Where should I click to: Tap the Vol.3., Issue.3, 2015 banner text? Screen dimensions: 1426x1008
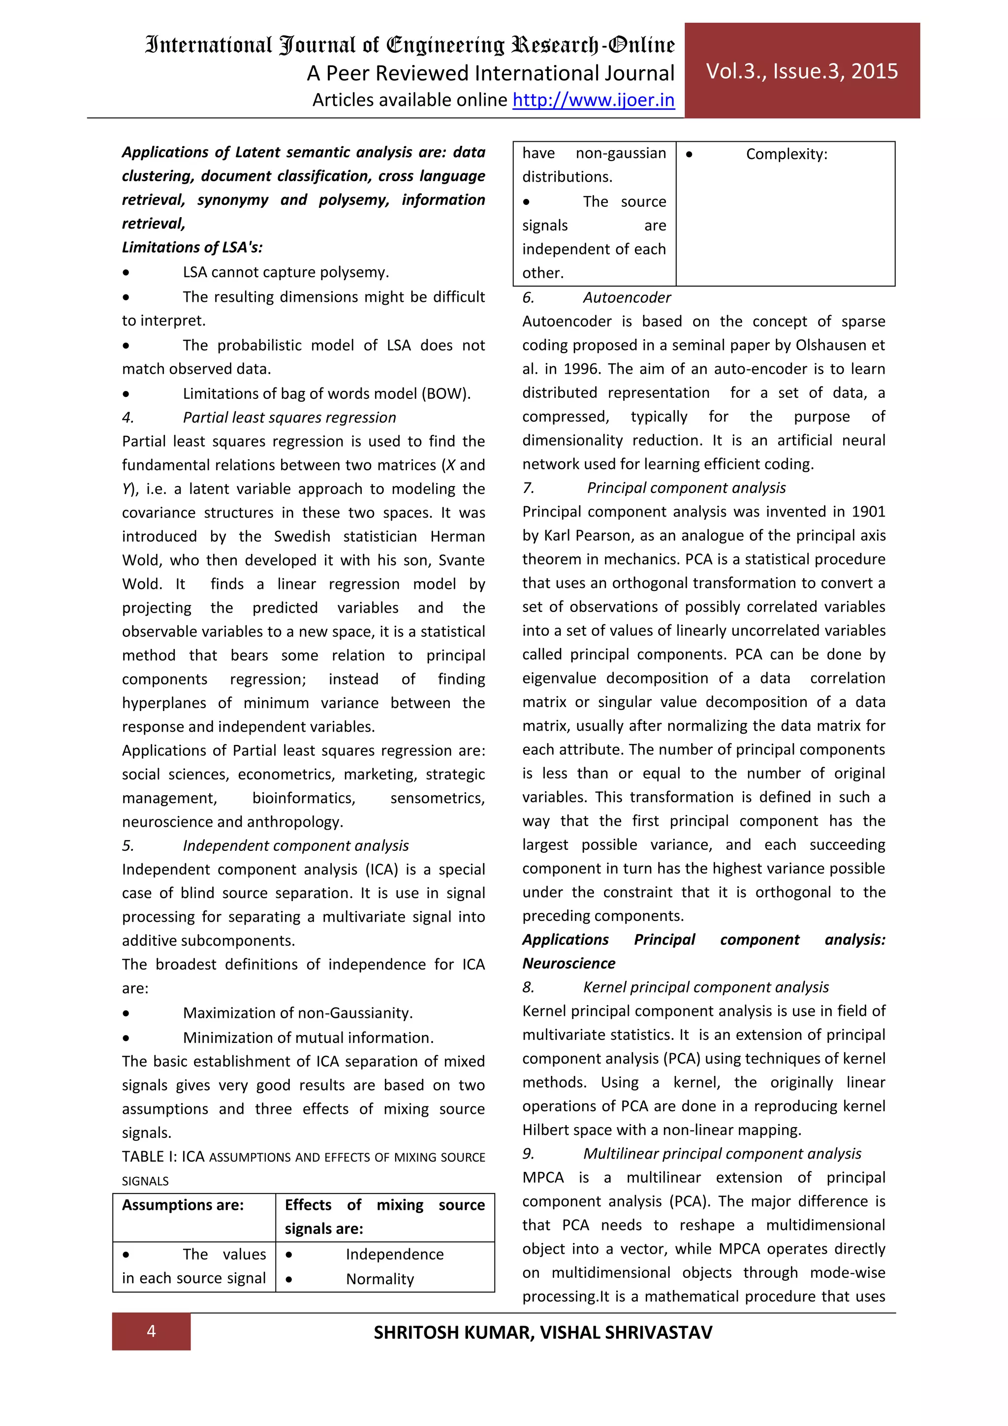(x=801, y=71)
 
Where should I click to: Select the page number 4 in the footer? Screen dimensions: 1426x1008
(x=151, y=1330)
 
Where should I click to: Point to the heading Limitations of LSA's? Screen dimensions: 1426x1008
(x=192, y=247)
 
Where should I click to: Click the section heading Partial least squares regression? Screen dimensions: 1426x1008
(x=289, y=418)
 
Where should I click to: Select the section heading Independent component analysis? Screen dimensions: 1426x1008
(x=295, y=845)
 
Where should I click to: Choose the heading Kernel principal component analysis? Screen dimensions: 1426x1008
(x=705, y=987)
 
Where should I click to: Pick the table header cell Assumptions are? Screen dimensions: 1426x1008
(x=183, y=1205)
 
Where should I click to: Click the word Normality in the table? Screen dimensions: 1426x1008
(x=379, y=1279)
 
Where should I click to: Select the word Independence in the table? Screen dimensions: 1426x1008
(x=394, y=1254)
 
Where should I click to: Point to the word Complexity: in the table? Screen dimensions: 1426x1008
(x=786, y=154)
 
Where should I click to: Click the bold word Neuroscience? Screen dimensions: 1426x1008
(x=568, y=963)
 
